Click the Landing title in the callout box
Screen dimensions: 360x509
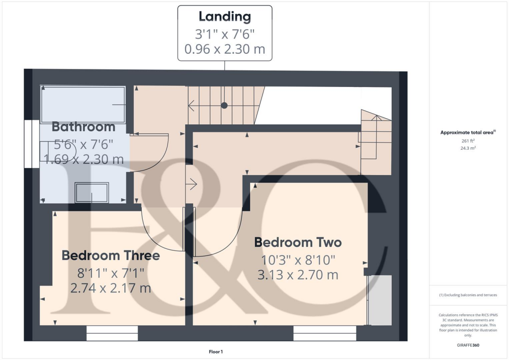pos(225,16)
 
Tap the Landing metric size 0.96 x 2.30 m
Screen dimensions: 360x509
pos(225,49)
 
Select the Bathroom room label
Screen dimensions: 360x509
pos(84,127)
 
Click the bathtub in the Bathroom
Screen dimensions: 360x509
pos(83,104)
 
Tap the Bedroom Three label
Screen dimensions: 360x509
pos(110,256)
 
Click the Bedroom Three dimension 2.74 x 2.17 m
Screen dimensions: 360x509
pos(110,288)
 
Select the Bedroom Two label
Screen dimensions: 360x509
pos(298,243)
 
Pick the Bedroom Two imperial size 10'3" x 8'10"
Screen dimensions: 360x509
pos(298,260)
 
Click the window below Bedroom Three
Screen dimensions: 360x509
pos(112,333)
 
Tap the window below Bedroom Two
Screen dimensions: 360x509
pos(325,333)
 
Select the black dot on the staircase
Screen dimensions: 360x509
pos(224,105)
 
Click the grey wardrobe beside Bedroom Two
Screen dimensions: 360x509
pos(380,300)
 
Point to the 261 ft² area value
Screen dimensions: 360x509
pos(468,141)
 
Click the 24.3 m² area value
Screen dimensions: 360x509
pos(468,148)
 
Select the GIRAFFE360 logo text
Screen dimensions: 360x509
pos(468,345)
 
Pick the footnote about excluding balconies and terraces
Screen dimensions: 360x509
pos(468,295)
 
